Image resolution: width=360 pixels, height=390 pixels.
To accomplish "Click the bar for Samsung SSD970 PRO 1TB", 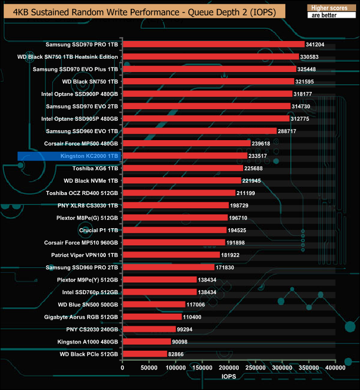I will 213,44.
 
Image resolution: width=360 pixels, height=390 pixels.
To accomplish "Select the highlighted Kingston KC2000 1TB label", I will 89,156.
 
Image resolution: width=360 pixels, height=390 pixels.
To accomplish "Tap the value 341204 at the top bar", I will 317,44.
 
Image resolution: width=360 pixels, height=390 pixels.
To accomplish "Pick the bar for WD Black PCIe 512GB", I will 145,353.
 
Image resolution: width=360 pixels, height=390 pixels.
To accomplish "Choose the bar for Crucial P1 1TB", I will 174,230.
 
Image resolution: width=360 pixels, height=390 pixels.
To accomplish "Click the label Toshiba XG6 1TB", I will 95,168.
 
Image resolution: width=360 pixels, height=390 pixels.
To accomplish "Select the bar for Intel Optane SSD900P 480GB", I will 207,94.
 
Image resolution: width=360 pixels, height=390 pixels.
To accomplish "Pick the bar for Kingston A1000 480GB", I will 147,341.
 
